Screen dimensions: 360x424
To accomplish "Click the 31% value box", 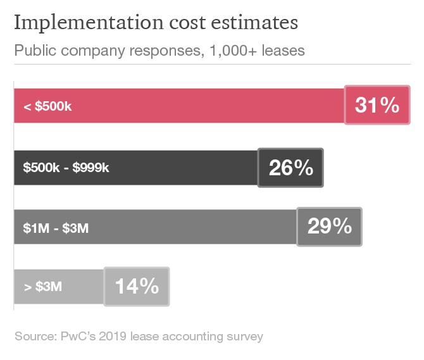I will tap(377, 105).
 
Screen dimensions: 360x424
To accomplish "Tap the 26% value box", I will tap(290, 168).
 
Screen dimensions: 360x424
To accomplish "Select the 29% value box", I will tap(329, 227).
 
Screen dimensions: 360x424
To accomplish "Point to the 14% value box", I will tap(137, 286).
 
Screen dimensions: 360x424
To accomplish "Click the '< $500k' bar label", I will tap(47, 106).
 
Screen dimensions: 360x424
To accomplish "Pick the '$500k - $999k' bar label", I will tap(66, 168).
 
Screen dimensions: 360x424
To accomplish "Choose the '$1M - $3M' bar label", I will tap(56, 228).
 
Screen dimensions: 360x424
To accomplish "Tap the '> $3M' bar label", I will tap(43, 287).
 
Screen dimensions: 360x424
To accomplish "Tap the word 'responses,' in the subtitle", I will tap(160, 51).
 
